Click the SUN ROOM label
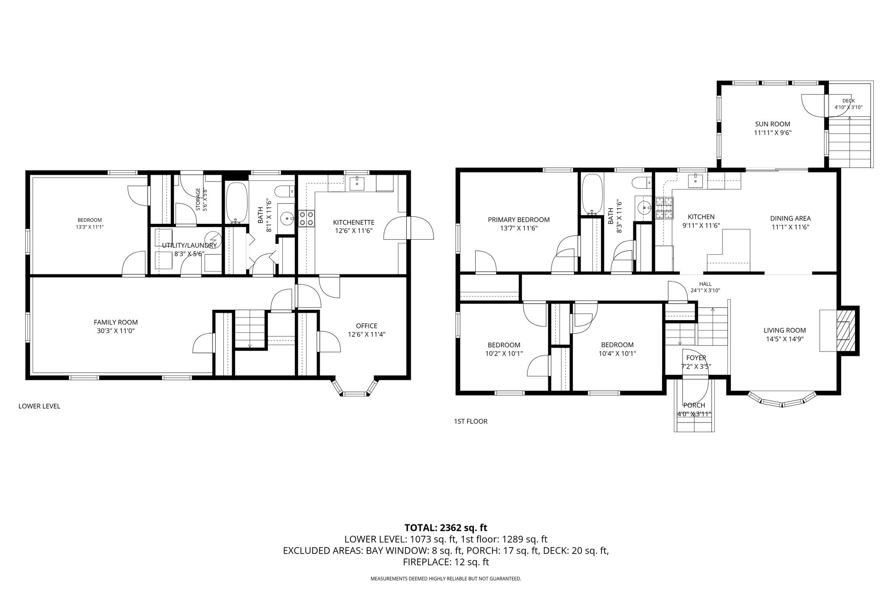(x=772, y=124)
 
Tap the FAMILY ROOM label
(x=116, y=322)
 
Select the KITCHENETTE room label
(x=354, y=223)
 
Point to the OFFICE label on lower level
(x=367, y=326)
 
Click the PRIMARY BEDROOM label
(x=519, y=220)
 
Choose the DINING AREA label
(x=791, y=219)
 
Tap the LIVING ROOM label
(x=785, y=331)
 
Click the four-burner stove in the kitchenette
(x=307, y=218)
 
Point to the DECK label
(x=848, y=101)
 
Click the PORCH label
(x=694, y=406)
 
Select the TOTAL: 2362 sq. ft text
(x=446, y=528)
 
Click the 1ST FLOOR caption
(x=470, y=422)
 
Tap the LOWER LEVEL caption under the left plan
(x=39, y=406)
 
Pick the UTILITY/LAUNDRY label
(x=189, y=246)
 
